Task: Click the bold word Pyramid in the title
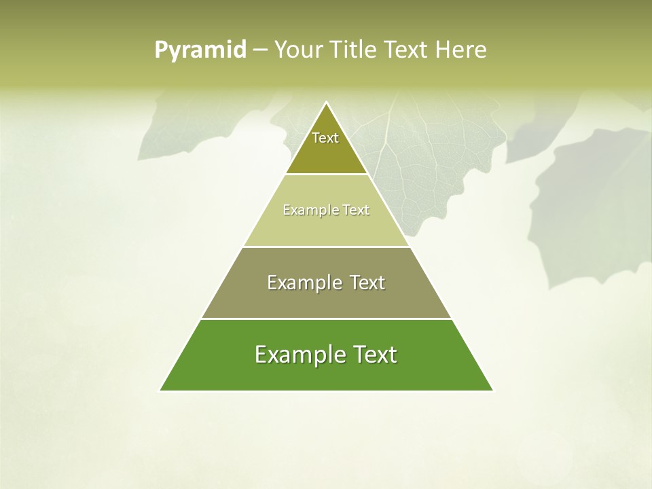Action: coord(200,50)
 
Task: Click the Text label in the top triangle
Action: coord(325,138)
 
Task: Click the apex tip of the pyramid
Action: coord(326,103)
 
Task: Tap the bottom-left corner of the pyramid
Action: coord(161,390)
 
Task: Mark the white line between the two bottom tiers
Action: coord(326,319)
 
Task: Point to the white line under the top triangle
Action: coord(326,175)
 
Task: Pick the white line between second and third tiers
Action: coord(326,247)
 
